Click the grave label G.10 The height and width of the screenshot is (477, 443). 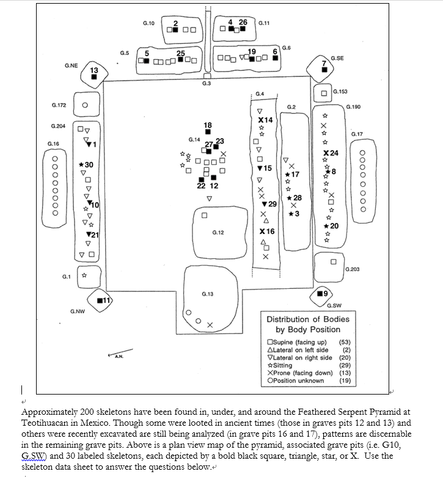point(148,23)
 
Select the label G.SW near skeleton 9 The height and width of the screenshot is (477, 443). point(334,305)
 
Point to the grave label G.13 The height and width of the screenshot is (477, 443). point(207,294)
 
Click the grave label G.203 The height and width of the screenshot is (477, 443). point(353,269)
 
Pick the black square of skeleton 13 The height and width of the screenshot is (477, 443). point(93,77)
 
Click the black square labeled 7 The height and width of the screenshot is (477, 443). point(324,70)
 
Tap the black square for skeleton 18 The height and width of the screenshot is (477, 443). point(208,131)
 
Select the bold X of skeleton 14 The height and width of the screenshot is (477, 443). point(262,120)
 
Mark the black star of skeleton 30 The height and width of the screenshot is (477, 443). point(82,165)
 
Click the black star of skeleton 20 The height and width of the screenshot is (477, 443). point(327,227)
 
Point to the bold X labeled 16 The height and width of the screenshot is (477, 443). point(262,232)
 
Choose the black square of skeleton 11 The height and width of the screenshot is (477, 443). point(100,300)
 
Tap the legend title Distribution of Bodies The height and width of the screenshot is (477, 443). point(308,319)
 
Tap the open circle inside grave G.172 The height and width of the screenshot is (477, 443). point(85,104)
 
